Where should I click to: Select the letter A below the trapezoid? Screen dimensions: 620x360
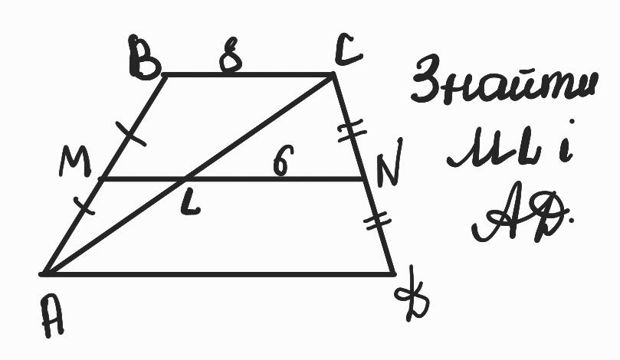[x=53, y=315]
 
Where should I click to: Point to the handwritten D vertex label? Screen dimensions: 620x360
[x=413, y=293]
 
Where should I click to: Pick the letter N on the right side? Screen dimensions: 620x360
[x=389, y=163]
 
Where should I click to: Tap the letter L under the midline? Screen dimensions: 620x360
[x=189, y=205]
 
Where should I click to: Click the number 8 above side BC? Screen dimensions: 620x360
[x=231, y=55]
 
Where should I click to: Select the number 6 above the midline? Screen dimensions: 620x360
[x=284, y=159]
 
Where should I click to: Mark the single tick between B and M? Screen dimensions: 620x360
[x=130, y=133]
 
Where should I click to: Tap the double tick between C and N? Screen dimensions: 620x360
[x=352, y=132]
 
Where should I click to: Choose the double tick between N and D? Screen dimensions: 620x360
[x=377, y=221]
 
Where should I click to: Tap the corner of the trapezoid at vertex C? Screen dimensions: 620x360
[x=333, y=74]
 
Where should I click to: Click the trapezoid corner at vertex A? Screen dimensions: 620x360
[x=43, y=273]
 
